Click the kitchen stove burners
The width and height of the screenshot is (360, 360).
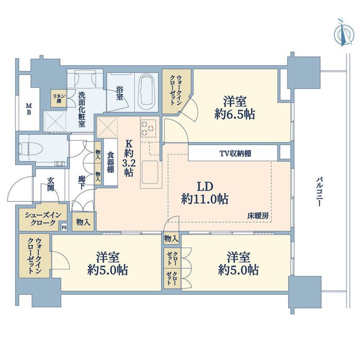coord(148,128)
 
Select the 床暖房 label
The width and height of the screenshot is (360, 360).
coord(258,215)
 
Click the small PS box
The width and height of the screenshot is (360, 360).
coord(64,227)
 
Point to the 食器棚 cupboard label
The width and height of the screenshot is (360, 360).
coord(111,162)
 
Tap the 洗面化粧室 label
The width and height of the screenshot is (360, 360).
coord(82,109)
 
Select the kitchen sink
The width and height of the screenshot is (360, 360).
coord(150,172)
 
